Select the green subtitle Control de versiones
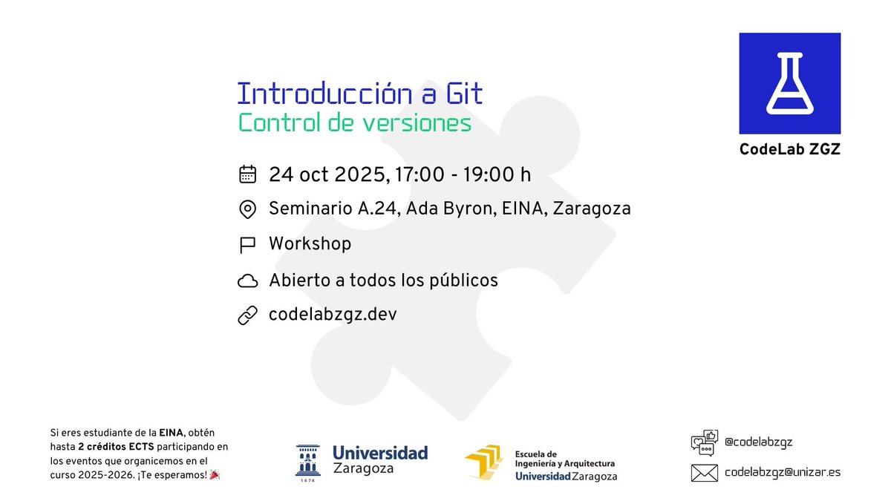354,122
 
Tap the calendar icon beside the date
247,174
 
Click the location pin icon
247,209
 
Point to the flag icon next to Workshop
247,244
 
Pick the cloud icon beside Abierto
247,281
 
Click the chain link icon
247,315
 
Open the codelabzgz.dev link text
333,315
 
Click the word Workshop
310,243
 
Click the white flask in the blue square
789,83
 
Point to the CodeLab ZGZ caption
789,149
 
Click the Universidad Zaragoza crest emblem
307,459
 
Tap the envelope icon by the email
704,472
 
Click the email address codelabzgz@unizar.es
783,472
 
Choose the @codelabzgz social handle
758,442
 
